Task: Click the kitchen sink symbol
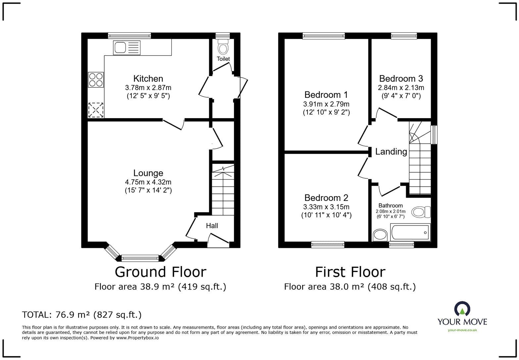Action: tap(126, 48)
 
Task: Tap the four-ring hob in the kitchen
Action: tap(96, 80)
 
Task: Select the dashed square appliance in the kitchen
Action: tap(96, 110)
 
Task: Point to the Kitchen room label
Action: tap(148, 79)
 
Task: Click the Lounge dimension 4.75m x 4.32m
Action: tap(148, 182)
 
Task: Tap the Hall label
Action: tap(212, 226)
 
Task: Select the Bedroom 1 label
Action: tap(326, 95)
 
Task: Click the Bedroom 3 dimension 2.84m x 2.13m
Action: tap(401, 88)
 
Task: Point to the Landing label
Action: tap(391, 152)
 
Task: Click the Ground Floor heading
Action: tap(161, 272)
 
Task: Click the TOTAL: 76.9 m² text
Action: tap(82, 315)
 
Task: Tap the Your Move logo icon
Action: tap(462, 309)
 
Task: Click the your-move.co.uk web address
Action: tap(462, 330)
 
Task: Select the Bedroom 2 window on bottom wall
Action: tap(328, 245)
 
